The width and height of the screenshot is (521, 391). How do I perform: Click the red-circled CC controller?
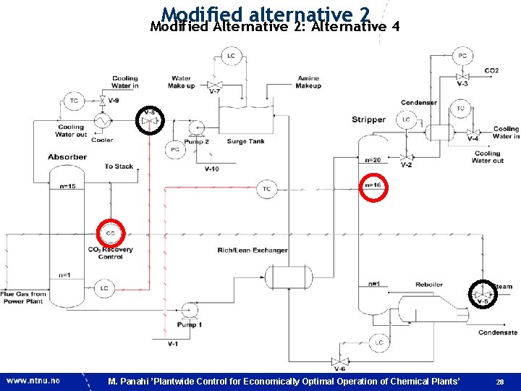[111, 233]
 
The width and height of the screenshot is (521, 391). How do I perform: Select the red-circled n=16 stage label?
[373, 185]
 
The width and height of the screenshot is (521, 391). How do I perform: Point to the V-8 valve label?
[150, 113]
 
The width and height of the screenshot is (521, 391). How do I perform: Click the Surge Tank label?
[246, 142]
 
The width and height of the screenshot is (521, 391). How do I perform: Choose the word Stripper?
[368, 119]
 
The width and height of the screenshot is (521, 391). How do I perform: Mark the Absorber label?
[67, 156]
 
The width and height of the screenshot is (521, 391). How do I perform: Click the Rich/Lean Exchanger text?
[253, 251]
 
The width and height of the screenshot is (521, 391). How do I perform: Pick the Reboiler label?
[429, 284]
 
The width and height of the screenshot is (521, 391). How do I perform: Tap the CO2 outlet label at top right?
[491, 71]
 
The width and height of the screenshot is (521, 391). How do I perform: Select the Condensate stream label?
[498, 332]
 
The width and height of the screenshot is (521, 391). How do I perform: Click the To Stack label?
[119, 167]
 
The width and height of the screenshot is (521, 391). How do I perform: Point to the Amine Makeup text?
[308, 82]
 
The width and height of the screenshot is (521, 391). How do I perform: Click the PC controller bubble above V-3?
[462, 56]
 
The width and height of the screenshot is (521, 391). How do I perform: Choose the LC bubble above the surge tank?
[231, 56]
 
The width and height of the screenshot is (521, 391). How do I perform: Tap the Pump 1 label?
[190, 325]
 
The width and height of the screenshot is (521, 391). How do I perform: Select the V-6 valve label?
[339, 370]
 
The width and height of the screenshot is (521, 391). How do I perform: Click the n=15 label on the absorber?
[67, 187]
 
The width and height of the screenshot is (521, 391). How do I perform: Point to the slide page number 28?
[499, 382]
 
